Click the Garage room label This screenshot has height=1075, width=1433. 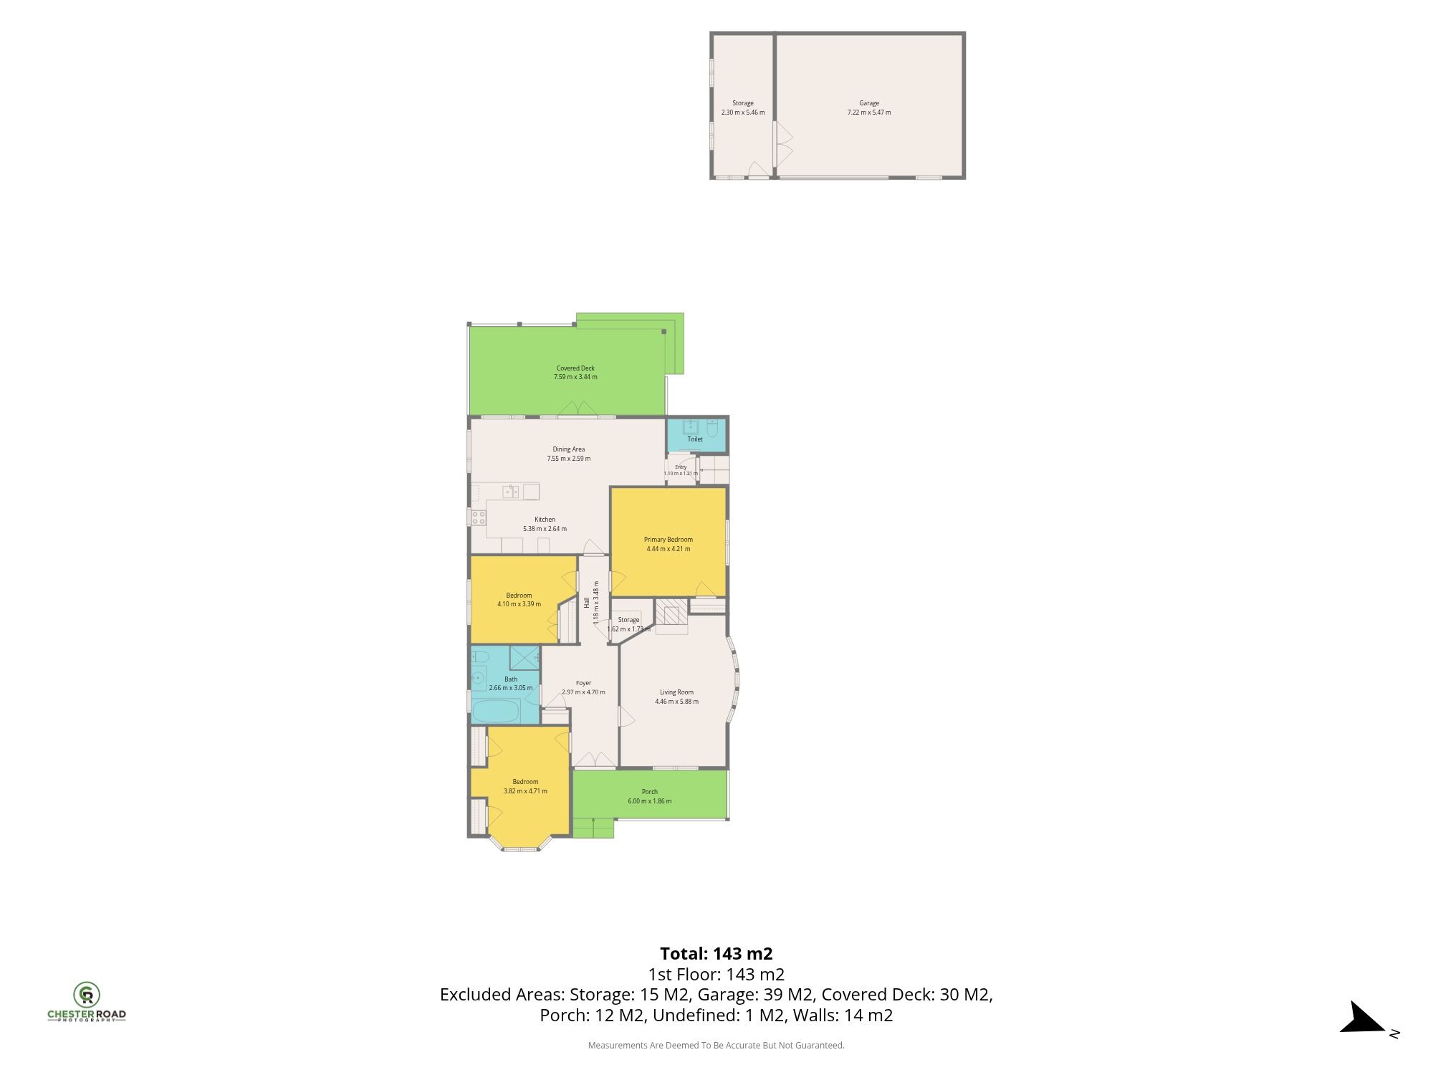click(869, 103)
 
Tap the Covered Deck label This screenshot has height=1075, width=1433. click(575, 368)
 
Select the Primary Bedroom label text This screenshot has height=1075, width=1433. click(668, 540)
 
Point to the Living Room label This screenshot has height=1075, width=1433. click(676, 692)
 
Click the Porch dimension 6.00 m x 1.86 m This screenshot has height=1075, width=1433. click(650, 801)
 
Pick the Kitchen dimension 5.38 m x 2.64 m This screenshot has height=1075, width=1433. click(545, 529)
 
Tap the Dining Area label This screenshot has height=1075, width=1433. click(569, 449)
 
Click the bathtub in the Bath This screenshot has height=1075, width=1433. click(495, 712)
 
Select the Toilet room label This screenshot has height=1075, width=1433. click(695, 439)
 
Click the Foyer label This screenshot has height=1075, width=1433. click(584, 683)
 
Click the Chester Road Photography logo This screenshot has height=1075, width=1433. click(87, 1002)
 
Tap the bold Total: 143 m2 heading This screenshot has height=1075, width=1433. click(716, 954)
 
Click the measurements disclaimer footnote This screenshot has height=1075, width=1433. click(716, 1046)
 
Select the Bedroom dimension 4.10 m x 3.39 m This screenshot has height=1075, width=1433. click(519, 604)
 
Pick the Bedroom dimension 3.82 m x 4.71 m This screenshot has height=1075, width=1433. click(525, 791)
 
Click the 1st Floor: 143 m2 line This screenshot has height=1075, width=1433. click(716, 975)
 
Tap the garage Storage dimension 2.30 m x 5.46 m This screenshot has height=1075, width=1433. click(743, 113)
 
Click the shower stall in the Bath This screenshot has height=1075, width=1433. click(524, 657)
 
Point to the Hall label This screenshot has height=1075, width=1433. click(586, 603)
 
